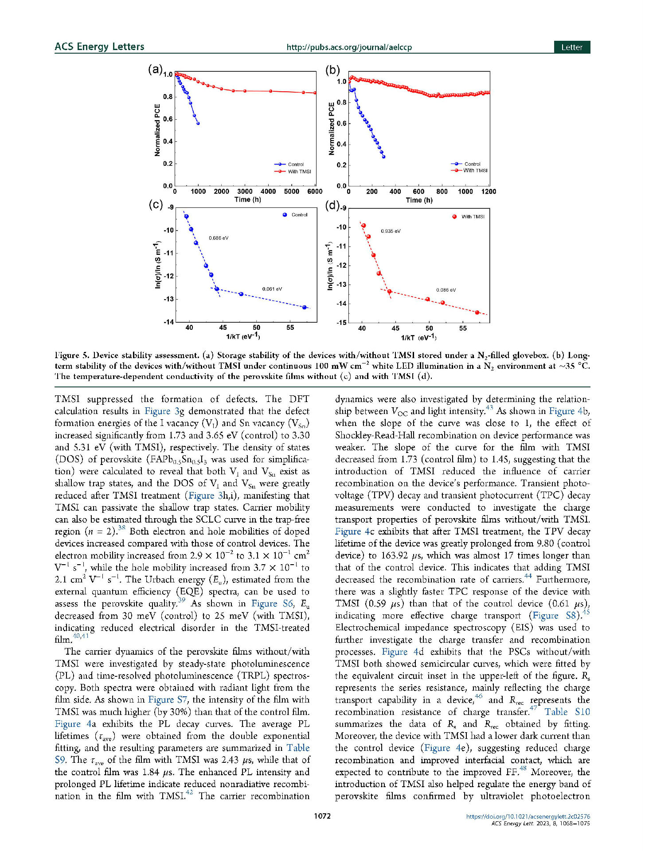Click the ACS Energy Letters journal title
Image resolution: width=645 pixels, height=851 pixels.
99,47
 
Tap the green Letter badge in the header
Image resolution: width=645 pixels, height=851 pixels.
571,47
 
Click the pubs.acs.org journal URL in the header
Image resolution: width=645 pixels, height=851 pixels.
349,47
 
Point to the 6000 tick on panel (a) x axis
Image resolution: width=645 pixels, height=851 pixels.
315,191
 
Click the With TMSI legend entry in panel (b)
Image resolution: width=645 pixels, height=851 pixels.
475,171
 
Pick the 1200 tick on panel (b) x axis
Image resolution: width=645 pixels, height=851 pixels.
489,191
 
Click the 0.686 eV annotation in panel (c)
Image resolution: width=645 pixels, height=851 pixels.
219,238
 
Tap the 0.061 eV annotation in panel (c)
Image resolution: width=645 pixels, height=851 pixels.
272,289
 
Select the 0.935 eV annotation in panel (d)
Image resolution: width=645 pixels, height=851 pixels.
391,231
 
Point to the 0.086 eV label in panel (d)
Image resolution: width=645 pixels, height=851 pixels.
446,290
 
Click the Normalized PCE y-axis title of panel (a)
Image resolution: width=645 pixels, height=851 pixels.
157,130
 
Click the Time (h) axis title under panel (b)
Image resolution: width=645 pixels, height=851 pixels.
419,200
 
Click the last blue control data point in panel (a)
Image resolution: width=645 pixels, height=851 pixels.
198,123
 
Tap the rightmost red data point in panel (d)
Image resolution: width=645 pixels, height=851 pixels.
477,312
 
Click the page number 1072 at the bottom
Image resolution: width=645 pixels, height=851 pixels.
322,816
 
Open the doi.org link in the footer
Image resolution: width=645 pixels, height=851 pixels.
528,816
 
